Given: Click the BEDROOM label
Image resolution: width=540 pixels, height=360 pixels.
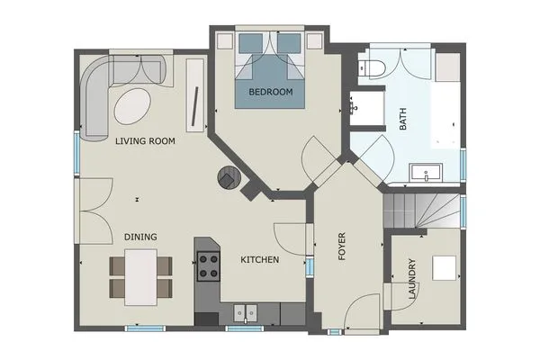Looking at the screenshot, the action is pyautogui.click(x=271, y=92).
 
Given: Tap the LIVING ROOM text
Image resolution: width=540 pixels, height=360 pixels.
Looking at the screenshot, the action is pyautogui.click(x=145, y=141).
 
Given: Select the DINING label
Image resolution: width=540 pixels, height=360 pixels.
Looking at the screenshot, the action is pyautogui.click(x=140, y=237).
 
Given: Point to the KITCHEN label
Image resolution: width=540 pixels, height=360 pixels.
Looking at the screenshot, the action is pyautogui.click(x=260, y=260).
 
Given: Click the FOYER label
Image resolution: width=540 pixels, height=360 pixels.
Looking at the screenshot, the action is pyautogui.click(x=342, y=247).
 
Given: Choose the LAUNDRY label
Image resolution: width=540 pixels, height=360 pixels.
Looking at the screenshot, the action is pyautogui.click(x=412, y=279).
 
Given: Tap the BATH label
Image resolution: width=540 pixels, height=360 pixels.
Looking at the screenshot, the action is pyautogui.click(x=402, y=119).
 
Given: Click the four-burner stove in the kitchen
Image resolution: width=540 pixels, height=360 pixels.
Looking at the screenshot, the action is pyautogui.click(x=209, y=266).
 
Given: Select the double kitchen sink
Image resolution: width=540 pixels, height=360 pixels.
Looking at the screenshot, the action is pyautogui.click(x=245, y=313).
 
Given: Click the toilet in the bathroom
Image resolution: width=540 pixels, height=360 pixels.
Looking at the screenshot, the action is pyautogui.click(x=371, y=68).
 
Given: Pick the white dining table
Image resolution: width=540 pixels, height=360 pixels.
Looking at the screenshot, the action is pyautogui.click(x=141, y=277).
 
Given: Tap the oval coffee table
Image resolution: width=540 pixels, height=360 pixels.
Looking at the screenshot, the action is pyautogui.click(x=132, y=106).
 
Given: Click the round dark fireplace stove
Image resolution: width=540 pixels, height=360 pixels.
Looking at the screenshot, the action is pyautogui.click(x=229, y=177).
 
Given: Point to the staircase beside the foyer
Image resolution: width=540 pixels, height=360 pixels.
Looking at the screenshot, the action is pyautogui.click(x=421, y=211).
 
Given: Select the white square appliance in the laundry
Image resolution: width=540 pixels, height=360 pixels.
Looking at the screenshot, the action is pyautogui.click(x=445, y=268).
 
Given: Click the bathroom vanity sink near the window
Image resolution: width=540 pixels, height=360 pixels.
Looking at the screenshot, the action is pyautogui.click(x=426, y=173).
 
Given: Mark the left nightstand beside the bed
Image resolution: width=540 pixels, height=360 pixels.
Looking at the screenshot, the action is pyautogui.click(x=224, y=41).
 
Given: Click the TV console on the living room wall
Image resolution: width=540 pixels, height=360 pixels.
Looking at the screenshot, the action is pyautogui.click(x=195, y=95).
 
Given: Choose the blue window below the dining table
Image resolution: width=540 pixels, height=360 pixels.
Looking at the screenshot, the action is pyautogui.click(x=145, y=328).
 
